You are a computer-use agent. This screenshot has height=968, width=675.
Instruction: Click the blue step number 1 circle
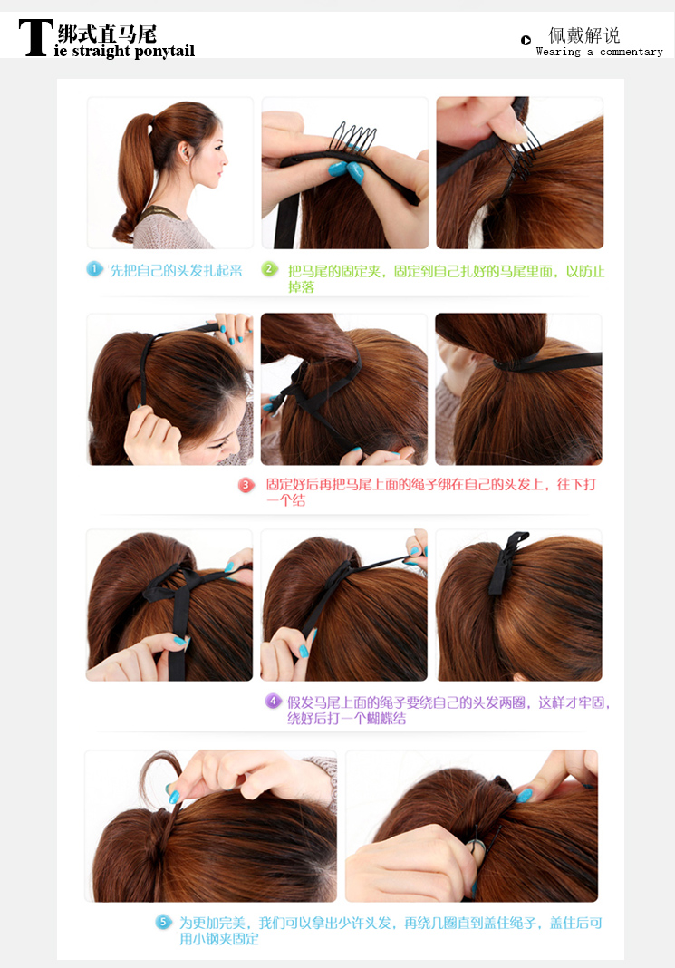(94, 269)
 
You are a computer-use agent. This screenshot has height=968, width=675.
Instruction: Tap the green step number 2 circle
(270, 269)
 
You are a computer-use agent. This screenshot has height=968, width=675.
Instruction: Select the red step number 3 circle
(246, 485)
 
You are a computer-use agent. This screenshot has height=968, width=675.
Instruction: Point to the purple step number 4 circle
(274, 702)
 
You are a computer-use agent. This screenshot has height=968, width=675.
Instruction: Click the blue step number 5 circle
(163, 923)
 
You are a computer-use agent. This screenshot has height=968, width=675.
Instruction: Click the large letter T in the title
(34, 38)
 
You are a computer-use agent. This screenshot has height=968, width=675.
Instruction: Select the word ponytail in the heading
(164, 52)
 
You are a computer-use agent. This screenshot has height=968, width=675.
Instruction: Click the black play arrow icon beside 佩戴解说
(526, 40)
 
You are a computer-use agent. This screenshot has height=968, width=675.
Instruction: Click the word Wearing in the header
(558, 52)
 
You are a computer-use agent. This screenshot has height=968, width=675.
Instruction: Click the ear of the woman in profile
(185, 150)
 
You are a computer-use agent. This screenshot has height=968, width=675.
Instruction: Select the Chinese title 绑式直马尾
(107, 33)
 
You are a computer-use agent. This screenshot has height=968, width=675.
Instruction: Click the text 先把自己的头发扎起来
(176, 270)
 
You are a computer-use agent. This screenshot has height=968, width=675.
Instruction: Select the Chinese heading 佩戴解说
(584, 34)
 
